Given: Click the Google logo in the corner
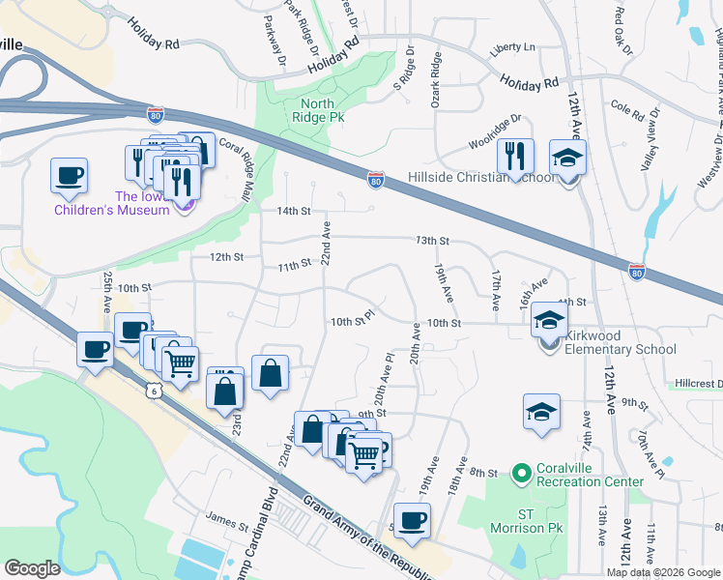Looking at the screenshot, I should pos(33,568).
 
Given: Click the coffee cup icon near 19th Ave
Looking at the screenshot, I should pos(413,519).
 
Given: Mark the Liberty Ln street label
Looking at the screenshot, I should pos(513,46).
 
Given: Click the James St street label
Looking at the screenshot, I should pos(227,523).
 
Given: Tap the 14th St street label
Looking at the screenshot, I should pos(293,211).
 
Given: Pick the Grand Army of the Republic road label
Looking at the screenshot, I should pos(367,536).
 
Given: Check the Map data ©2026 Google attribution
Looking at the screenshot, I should pos(663,572).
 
